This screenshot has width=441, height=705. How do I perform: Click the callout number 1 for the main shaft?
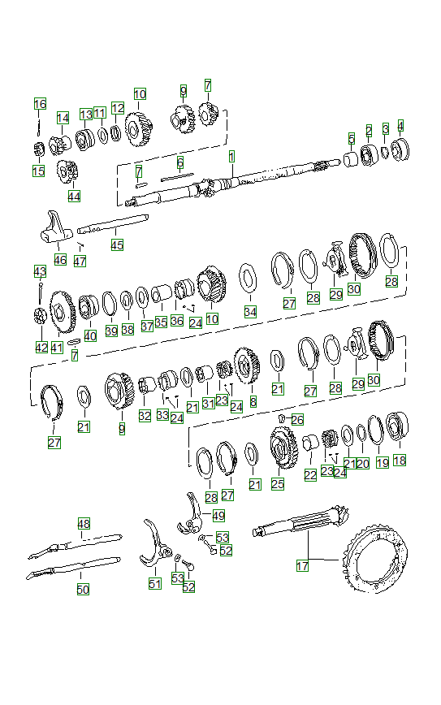(x=231, y=155)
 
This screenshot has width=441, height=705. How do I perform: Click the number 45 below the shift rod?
(x=118, y=244)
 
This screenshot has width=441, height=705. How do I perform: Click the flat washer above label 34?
(x=248, y=280)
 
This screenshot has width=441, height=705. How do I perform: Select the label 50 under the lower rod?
(x=83, y=590)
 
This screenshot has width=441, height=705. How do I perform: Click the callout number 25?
(x=278, y=484)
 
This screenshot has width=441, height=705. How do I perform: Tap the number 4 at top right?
(x=400, y=126)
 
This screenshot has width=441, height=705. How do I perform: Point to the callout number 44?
(x=75, y=196)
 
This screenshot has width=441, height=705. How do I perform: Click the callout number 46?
(x=60, y=259)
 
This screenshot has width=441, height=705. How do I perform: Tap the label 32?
(x=145, y=415)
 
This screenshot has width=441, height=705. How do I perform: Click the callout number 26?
(x=297, y=419)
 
